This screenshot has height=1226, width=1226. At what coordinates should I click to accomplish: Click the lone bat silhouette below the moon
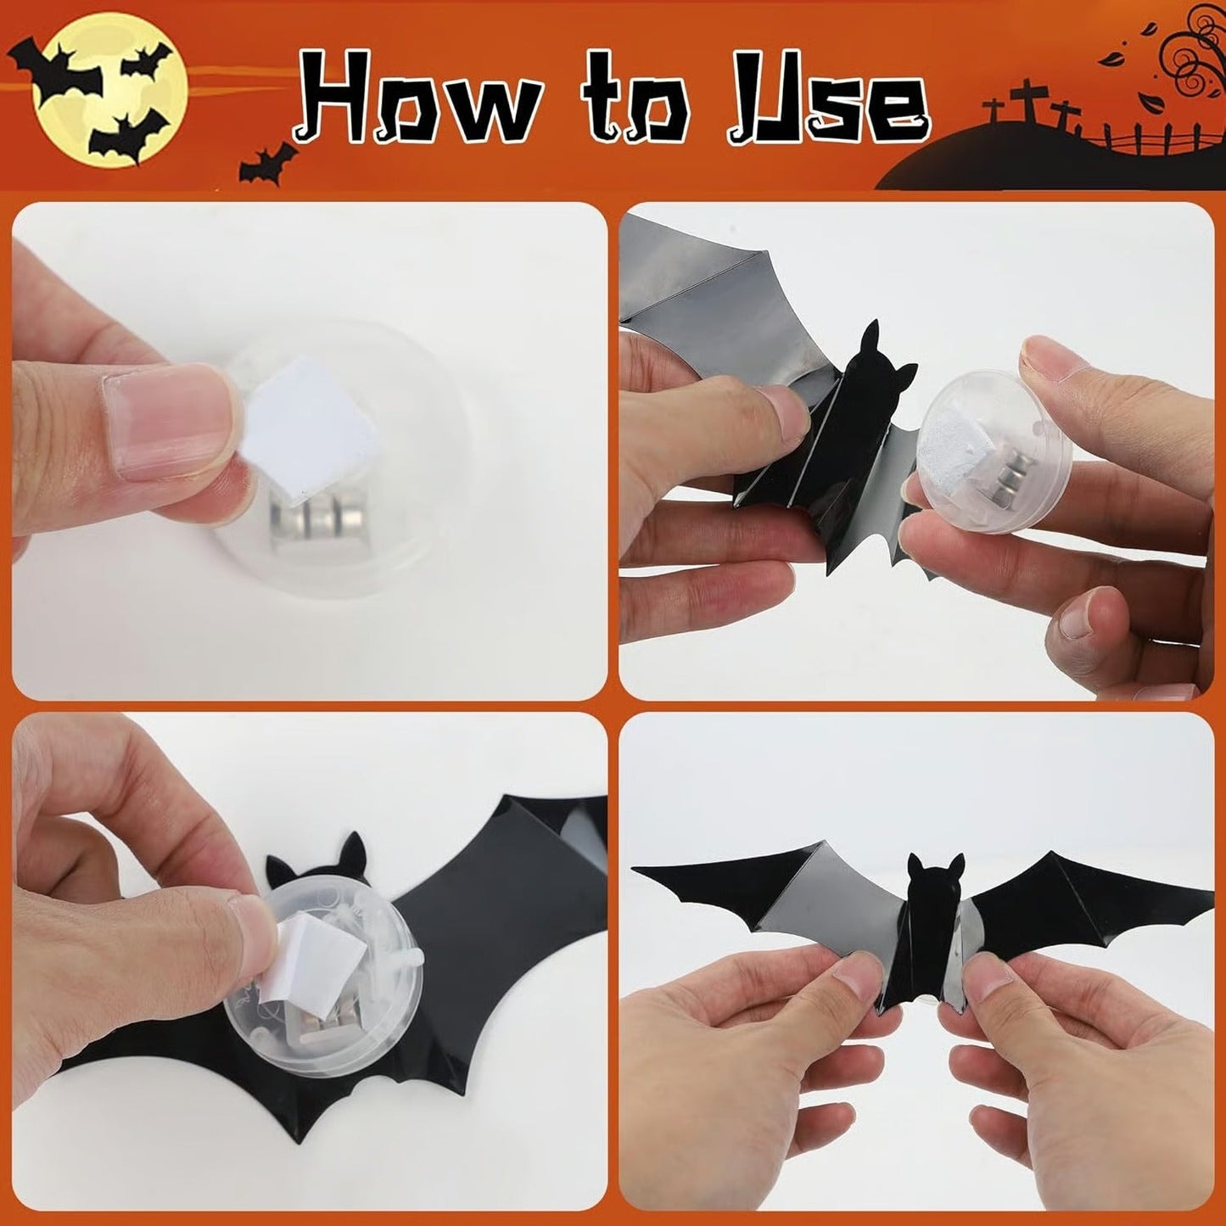pyautogui.click(x=268, y=163)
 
